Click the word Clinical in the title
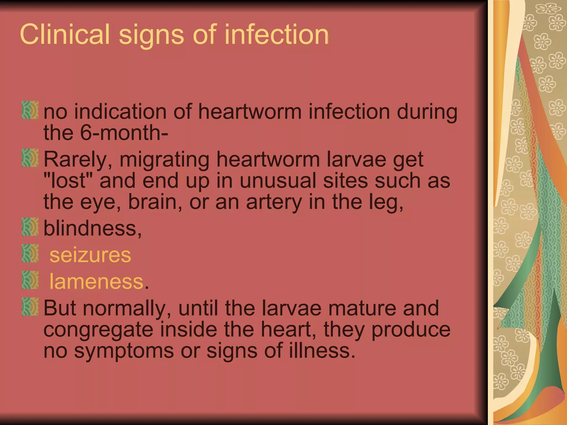click(65, 34)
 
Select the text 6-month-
click(124, 133)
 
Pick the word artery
click(274, 202)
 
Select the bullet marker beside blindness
click(30, 227)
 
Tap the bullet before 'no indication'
click(30, 110)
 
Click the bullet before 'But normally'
click(30, 306)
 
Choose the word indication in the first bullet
click(120, 112)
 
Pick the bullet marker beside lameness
click(30, 280)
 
